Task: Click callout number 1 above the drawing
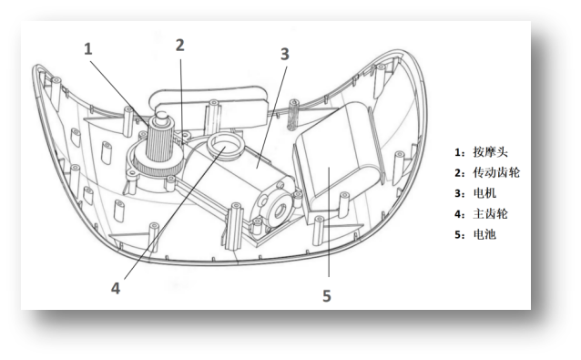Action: (x=87, y=49)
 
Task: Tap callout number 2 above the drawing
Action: (x=179, y=46)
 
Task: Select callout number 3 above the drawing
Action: (x=284, y=54)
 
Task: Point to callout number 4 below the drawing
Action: (x=116, y=288)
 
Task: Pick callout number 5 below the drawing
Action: (x=326, y=296)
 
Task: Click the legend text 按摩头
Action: (x=490, y=152)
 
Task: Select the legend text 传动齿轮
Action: (x=496, y=172)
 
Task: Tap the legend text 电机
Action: (x=484, y=193)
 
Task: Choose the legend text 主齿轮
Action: (x=490, y=214)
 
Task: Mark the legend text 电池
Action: (x=484, y=234)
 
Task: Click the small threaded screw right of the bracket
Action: (x=293, y=115)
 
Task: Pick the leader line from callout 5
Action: (x=329, y=221)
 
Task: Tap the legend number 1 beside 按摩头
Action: (x=458, y=152)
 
